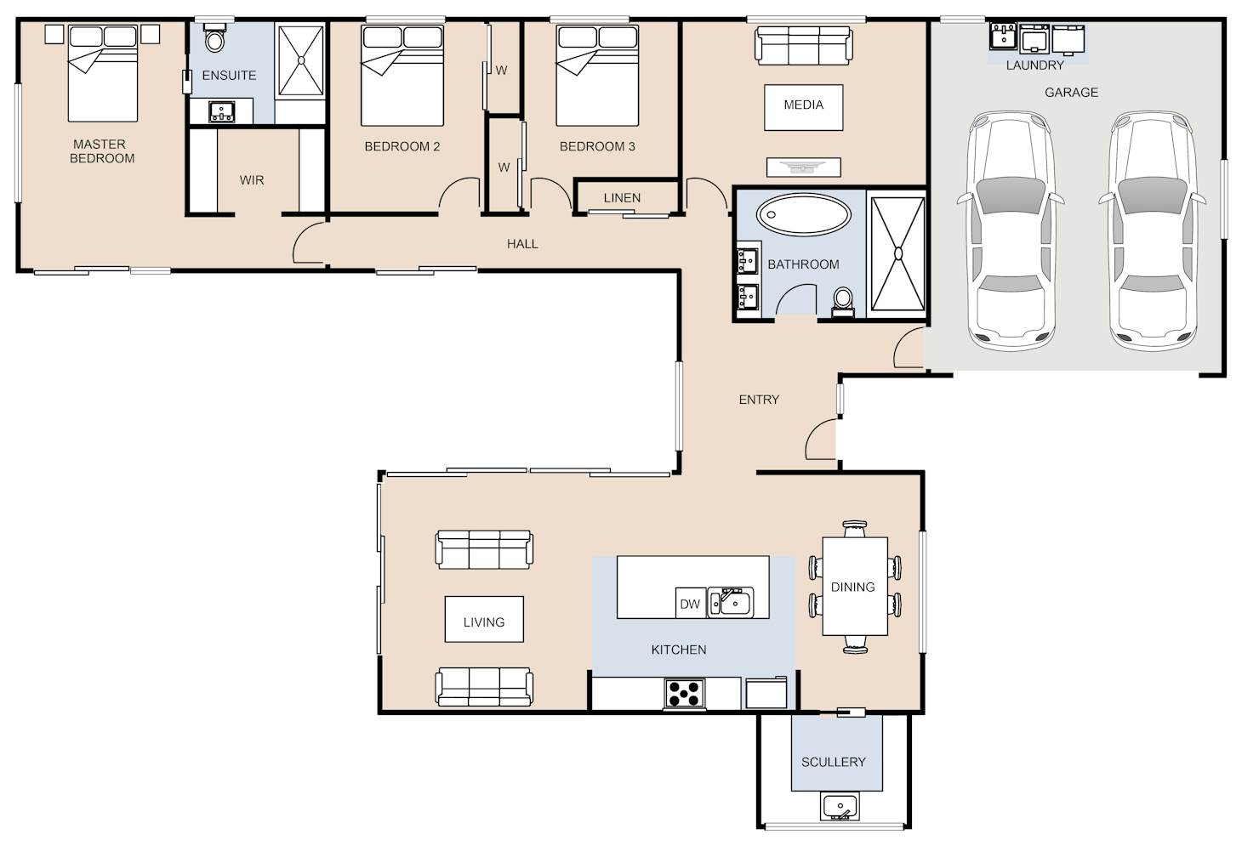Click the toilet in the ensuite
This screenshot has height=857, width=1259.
(x=214, y=37)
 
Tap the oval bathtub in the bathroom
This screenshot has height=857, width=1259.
(x=803, y=214)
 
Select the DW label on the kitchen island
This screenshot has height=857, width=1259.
(x=690, y=604)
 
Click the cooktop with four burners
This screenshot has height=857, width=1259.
(x=685, y=694)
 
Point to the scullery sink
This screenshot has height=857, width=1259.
(x=840, y=807)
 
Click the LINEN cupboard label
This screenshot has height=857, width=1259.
(x=622, y=198)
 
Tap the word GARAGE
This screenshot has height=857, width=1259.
(x=1071, y=93)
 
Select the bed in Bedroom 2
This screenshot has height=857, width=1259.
(x=402, y=76)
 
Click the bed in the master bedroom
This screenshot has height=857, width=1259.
(x=103, y=73)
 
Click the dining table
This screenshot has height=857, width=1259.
(x=855, y=587)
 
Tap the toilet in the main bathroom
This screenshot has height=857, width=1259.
(x=842, y=302)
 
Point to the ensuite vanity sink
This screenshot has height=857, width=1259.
(x=222, y=111)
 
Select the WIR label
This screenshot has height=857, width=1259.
(x=252, y=180)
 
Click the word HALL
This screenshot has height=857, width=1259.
(x=522, y=244)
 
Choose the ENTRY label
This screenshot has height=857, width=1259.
(x=759, y=400)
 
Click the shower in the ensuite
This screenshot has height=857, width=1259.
(x=301, y=60)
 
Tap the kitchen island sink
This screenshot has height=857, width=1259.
(x=731, y=603)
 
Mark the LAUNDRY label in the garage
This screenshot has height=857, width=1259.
(x=1034, y=65)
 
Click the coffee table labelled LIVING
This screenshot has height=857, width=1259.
(x=484, y=619)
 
